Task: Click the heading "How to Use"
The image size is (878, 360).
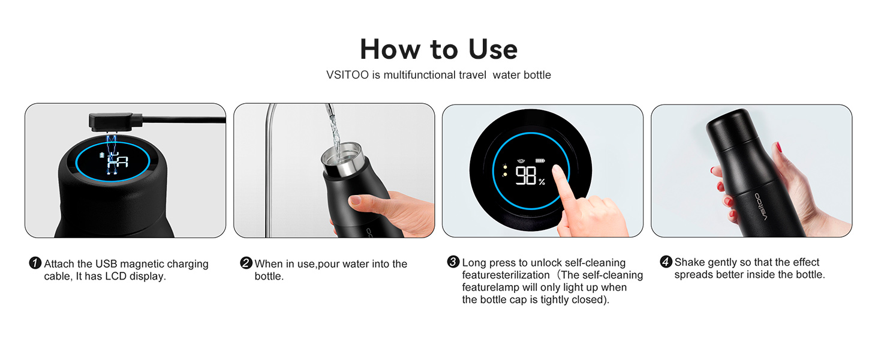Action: click(438, 49)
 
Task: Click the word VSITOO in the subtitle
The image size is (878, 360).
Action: click(345, 75)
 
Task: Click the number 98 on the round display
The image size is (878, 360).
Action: click(525, 176)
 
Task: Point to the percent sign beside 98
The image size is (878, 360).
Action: click(542, 181)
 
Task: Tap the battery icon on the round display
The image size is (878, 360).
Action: click(542, 161)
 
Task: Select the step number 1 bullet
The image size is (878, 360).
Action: click(35, 263)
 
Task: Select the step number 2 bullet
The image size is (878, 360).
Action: click(246, 263)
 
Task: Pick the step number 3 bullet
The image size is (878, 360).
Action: click(453, 262)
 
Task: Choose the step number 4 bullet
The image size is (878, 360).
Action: click(666, 262)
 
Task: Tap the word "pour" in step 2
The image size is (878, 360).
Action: click(329, 264)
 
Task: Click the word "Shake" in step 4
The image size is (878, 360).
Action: click(690, 262)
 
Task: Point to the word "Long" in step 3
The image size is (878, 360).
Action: click(474, 263)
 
